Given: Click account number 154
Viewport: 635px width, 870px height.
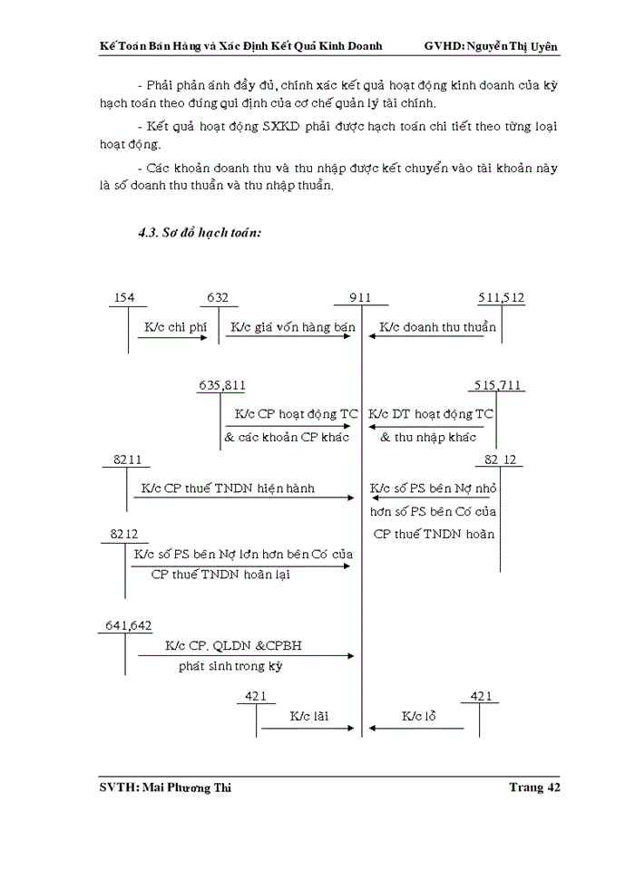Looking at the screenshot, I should click(x=125, y=297).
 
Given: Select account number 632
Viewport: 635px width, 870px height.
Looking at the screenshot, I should click(x=218, y=297).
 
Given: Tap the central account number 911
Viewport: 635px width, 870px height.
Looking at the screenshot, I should click(x=360, y=297).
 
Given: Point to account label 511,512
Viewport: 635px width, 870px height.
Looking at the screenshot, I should click(x=502, y=297).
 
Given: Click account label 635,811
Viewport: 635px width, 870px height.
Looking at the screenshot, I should click(x=222, y=385).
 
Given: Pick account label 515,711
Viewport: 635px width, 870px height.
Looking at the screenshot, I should click(x=498, y=385).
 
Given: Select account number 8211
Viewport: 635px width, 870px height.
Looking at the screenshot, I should click(x=127, y=460).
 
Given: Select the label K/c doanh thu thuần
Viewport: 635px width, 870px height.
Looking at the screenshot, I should click(x=438, y=327).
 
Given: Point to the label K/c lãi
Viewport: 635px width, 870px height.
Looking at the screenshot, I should click(x=308, y=717).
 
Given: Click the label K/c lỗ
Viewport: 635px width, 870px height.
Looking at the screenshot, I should click(x=420, y=717).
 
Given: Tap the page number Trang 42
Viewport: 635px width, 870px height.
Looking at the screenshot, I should click(x=534, y=788).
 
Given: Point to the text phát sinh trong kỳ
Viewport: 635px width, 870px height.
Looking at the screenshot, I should click(x=231, y=667).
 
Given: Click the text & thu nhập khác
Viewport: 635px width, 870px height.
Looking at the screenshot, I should click(x=428, y=437).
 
